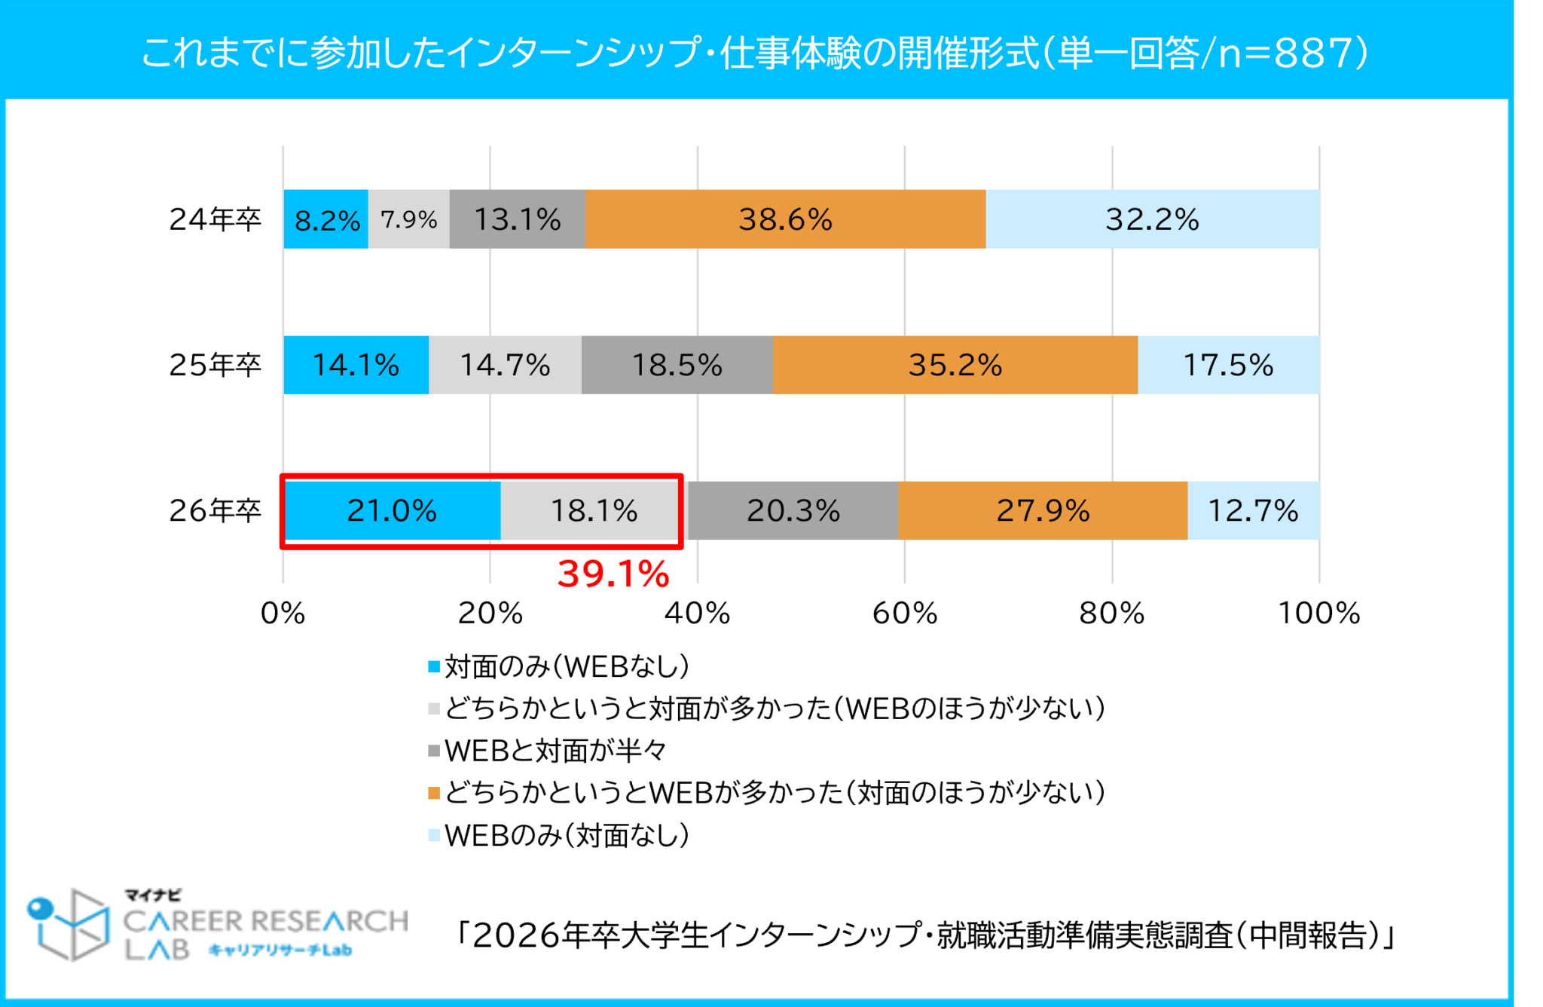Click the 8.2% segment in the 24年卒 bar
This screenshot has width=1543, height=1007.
click(x=325, y=219)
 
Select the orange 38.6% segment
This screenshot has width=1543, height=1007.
click(x=785, y=219)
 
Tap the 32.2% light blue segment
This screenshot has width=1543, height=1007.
click(x=1152, y=219)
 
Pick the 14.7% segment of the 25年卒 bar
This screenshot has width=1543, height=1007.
click(x=505, y=365)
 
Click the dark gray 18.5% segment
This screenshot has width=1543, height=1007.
click(x=677, y=365)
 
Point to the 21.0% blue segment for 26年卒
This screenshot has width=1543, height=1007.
click(x=392, y=510)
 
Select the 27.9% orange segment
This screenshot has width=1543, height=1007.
click(x=1043, y=510)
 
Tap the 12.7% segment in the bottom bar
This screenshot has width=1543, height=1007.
click(x=1253, y=510)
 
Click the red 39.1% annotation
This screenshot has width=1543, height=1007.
click(x=613, y=574)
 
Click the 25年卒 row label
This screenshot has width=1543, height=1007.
click(x=215, y=365)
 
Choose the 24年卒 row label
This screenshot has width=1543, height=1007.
click(x=215, y=219)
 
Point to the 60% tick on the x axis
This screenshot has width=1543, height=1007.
click(x=904, y=614)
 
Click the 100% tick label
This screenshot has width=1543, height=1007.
click(x=1318, y=614)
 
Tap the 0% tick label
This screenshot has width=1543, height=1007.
click(x=283, y=614)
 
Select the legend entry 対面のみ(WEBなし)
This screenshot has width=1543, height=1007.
click(x=565, y=666)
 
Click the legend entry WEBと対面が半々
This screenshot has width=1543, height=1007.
click(x=555, y=751)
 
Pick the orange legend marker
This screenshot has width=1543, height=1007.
click(x=434, y=793)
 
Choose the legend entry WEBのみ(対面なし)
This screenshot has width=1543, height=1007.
click(x=565, y=835)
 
